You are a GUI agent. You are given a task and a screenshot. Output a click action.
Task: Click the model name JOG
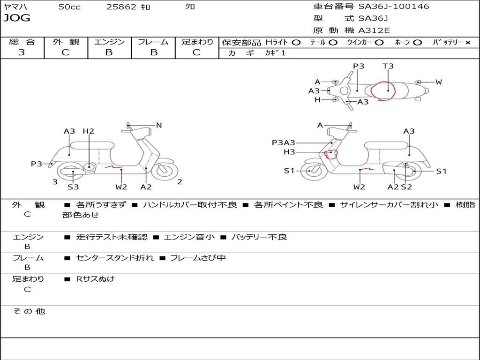(x=17, y=18)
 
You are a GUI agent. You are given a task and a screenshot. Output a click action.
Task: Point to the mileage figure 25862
(x=121, y=7)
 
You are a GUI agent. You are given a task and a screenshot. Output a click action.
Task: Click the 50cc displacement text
(x=69, y=7)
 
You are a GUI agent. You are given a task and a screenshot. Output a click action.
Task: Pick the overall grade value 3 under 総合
(x=22, y=52)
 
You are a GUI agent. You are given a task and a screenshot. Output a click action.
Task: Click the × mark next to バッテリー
(x=468, y=42)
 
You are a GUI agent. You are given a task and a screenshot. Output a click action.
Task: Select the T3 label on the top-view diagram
(x=388, y=66)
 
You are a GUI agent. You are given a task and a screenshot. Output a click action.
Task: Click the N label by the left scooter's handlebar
(x=159, y=125)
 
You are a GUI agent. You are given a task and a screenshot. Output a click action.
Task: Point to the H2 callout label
(x=88, y=131)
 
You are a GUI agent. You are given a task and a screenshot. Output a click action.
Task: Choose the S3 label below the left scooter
(x=73, y=187)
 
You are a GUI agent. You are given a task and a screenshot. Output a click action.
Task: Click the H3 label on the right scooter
(x=289, y=152)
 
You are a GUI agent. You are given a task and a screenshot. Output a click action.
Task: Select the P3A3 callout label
(x=284, y=142)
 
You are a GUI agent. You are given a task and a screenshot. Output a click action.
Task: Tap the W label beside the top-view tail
(x=439, y=82)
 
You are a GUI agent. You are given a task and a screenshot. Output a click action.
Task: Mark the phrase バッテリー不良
(x=259, y=237)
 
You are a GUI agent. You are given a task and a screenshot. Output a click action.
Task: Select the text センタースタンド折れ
(x=115, y=258)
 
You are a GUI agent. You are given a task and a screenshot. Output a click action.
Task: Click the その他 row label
(x=29, y=311)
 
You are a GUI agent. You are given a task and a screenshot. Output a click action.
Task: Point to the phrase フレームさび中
(x=198, y=258)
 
